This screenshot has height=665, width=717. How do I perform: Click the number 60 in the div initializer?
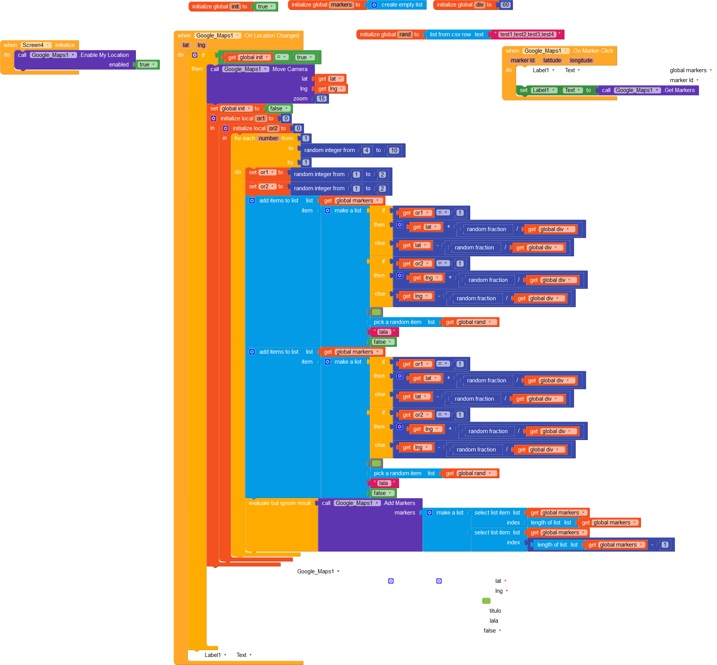505,5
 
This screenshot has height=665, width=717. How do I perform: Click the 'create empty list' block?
401,5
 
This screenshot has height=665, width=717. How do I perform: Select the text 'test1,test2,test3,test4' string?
527,34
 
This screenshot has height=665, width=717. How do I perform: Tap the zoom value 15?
322,99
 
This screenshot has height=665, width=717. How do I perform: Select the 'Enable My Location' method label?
104,55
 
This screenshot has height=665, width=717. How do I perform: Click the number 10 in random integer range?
394,150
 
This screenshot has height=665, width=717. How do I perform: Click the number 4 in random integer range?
366,150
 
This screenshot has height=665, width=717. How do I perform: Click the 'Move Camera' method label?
290,69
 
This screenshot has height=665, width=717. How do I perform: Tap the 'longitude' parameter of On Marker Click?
581,60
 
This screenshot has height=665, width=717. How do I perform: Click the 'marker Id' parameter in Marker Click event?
522,60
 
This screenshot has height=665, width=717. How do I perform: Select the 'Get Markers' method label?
679,90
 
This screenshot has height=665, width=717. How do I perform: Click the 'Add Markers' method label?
399,503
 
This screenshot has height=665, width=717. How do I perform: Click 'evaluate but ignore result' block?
280,503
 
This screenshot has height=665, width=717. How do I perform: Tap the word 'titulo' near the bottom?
495,611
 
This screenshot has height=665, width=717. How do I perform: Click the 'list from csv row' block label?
450,34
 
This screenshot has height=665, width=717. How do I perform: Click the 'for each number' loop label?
244,138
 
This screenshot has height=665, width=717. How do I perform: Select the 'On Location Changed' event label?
272,36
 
